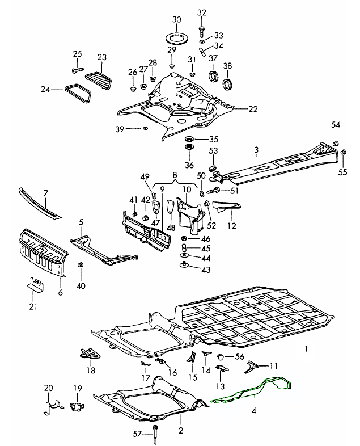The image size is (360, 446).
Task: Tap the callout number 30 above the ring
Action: [176, 19]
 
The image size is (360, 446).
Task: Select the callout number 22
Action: [253, 108]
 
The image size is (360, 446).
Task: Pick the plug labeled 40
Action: [81, 266]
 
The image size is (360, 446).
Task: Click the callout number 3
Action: [256, 149]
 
